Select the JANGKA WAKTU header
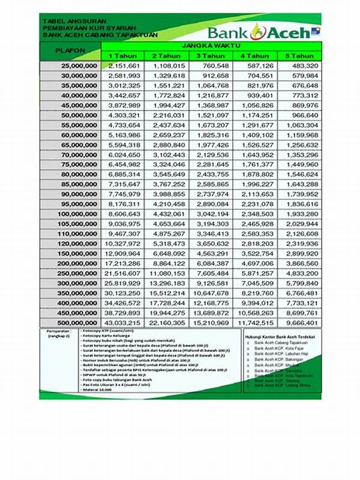tap(211, 46)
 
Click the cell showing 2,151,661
tap(125, 65)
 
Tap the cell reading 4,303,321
tap(125, 115)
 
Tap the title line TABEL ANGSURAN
tap(66, 21)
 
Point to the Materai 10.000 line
tap(100, 390)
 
